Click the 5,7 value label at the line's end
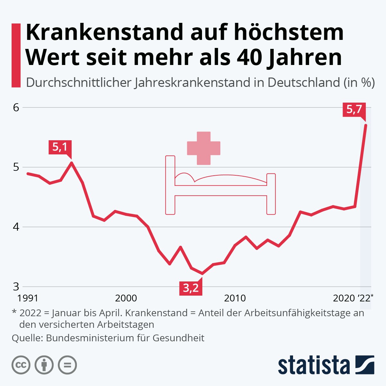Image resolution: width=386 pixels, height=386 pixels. pyautogui.click(x=354, y=110)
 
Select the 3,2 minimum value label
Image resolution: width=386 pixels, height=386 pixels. pyautogui.click(x=191, y=288)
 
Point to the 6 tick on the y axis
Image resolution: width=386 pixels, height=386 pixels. pyautogui.click(x=16, y=107)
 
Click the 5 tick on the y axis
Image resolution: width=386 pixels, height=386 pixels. pyautogui.click(x=16, y=167)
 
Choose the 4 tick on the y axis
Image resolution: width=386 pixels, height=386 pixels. pyautogui.click(x=16, y=227)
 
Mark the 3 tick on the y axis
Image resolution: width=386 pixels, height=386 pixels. pyautogui.click(x=16, y=287)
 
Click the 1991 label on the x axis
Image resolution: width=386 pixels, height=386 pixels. pyautogui.click(x=28, y=298)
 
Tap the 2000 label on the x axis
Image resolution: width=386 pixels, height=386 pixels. pyautogui.click(x=126, y=298)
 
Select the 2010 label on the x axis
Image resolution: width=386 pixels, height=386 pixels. pyautogui.click(x=235, y=298)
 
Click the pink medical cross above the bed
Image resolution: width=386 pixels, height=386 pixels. pyautogui.click(x=204, y=148)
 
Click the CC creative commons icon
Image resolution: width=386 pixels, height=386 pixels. pyautogui.click(x=21, y=365)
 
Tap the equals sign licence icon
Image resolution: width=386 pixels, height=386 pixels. pyautogui.click(x=67, y=365)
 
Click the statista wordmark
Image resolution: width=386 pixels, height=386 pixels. pyautogui.click(x=314, y=365)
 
